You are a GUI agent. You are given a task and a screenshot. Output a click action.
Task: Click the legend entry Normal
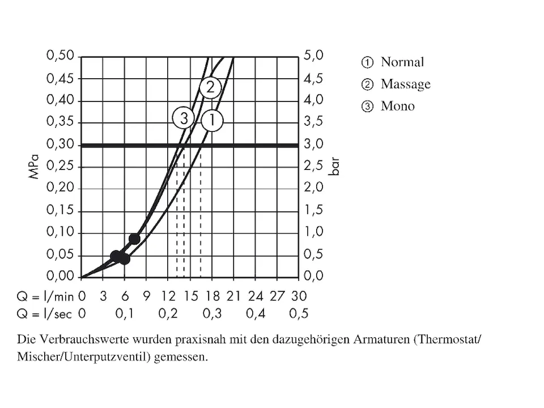click(x=402, y=63)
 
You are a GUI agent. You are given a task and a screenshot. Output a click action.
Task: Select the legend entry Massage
click(x=405, y=84)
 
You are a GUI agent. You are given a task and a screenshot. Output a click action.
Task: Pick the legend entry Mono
click(x=398, y=106)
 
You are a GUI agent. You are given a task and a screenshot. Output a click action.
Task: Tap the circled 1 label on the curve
click(x=212, y=121)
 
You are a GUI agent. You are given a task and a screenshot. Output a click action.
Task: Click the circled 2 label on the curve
click(x=210, y=87)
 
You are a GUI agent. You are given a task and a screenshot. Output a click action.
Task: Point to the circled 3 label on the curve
click(x=183, y=118)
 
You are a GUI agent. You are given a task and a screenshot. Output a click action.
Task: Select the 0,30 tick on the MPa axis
click(x=60, y=144)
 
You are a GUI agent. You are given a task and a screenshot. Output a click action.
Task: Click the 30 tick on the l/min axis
click(x=299, y=296)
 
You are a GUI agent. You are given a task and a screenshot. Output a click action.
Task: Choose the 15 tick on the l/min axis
click(x=190, y=296)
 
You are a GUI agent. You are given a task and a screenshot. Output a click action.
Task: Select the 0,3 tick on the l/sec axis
click(x=212, y=313)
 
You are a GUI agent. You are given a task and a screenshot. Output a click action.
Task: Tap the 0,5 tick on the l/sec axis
click(x=299, y=313)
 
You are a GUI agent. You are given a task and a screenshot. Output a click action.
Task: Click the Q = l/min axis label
click(x=44, y=296)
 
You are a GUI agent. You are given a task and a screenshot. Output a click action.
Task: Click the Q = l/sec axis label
click(x=44, y=313)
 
